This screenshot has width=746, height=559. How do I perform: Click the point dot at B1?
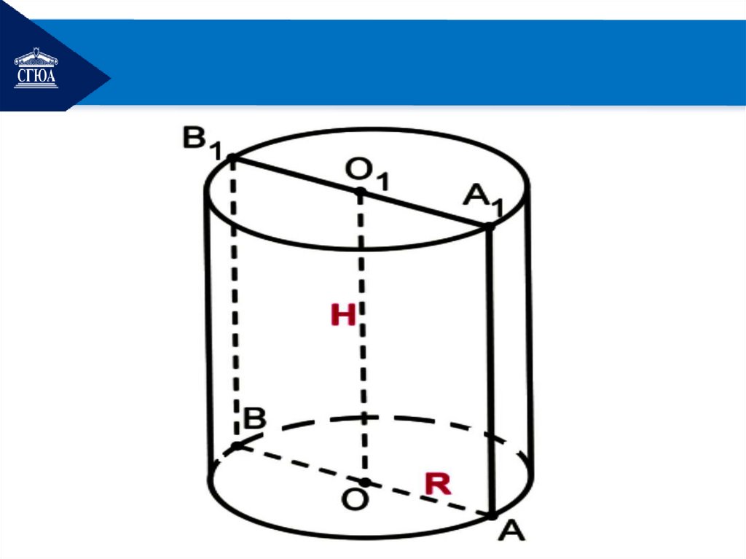232,157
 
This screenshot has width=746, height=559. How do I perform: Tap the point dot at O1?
360,192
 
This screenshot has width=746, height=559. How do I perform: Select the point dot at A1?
490,227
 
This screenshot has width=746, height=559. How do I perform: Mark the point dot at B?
237,445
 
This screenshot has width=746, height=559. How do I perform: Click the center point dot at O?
365,482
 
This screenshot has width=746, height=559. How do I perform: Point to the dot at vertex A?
492,516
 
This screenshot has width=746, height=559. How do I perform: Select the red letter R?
438,484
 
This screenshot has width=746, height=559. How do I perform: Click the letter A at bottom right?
512,531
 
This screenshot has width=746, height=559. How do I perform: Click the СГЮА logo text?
36,76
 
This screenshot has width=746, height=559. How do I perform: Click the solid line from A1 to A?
490,372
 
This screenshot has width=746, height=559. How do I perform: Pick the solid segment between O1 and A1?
425,209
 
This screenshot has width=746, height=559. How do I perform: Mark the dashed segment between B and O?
299,463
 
